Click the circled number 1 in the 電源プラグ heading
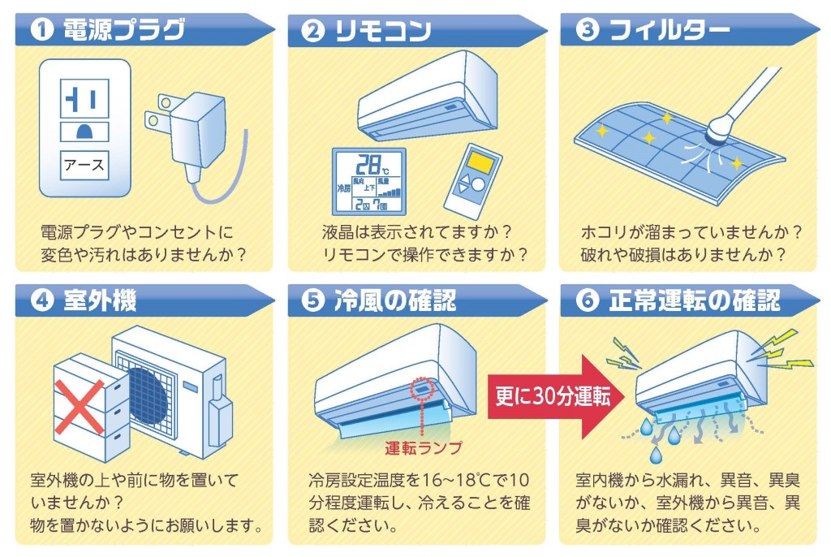[x=42, y=30]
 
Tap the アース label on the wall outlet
[x=84, y=165]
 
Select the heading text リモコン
[x=383, y=30]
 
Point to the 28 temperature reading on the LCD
[x=368, y=165]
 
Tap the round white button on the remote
[x=478, y=184]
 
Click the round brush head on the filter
[x=719, y=132]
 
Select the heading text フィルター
[x=670, y=30]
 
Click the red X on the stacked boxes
[x=80, y=406]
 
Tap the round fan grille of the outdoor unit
[x=149, y=396]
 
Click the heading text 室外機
[x=100, y=300]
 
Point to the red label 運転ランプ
[x=424, y=447]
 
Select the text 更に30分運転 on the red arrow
[x=553, y=396]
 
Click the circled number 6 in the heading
[x=588, y=300]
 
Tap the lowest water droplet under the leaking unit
[x=656, y=454]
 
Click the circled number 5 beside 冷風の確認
[x=312, y=300]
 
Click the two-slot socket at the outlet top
[x=84, y=99]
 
